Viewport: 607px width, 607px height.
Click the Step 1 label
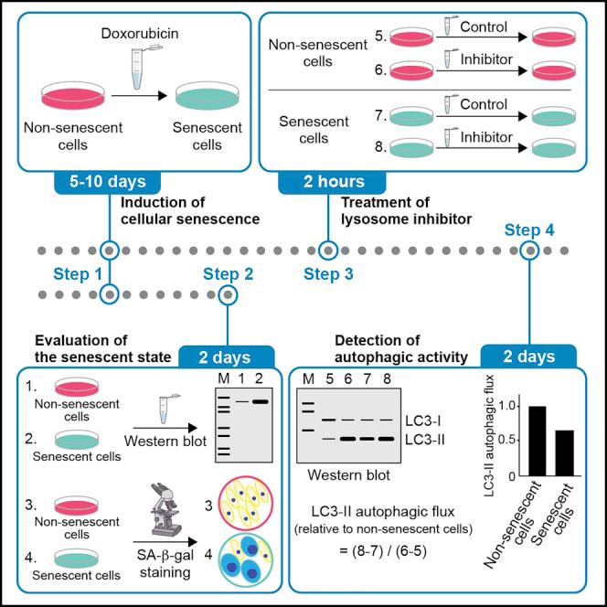pos(77,272)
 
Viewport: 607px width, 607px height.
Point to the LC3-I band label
pos(426,421)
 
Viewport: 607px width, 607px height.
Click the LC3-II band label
pos(428,439)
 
